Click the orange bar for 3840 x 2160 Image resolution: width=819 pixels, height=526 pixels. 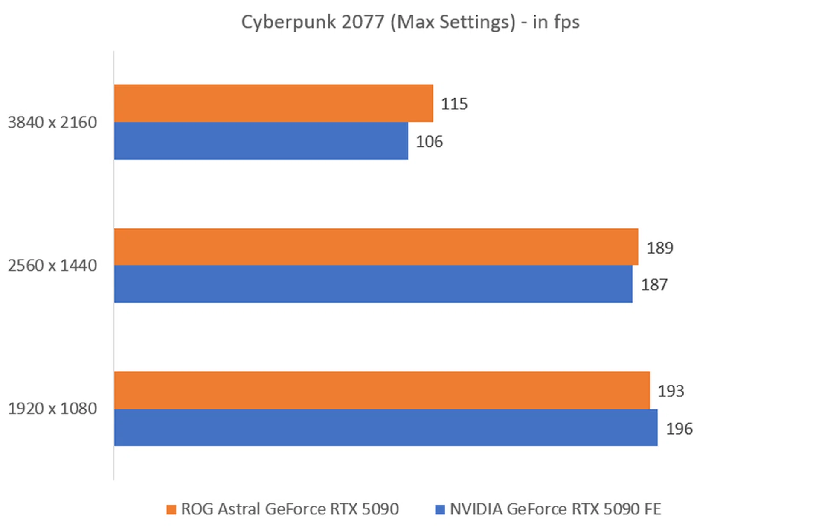pos(273,103)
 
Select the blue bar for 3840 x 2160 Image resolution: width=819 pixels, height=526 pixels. pos(261,141)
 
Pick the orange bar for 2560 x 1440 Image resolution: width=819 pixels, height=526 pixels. pos(376,247)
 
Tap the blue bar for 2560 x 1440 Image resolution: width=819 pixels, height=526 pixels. pos(373,284)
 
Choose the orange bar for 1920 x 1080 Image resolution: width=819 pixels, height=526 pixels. pos(382,390)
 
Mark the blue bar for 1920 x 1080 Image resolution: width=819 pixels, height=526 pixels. pos(386,427)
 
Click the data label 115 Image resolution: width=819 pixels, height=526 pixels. pos(454,104)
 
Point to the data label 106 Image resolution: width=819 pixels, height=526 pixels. pos(429,142)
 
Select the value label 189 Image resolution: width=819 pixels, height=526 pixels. pos(659,248)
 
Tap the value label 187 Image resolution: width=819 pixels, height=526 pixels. pos(654,285)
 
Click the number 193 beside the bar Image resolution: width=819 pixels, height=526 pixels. pos(671,391)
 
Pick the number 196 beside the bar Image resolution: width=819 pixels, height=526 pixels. pos(679,429)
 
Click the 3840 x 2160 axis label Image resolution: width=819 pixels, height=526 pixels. pos(52,123)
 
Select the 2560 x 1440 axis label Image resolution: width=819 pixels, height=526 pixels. pos(52,266)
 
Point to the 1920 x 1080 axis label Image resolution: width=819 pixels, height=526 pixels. pos(52,409)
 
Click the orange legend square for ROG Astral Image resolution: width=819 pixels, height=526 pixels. pos(171,509)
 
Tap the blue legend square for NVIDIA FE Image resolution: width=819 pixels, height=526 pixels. pos(440,509)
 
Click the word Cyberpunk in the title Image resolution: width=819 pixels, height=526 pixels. pos(288,22)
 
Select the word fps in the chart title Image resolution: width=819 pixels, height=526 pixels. pos(566,22)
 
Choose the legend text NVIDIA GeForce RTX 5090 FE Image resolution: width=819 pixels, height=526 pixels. pos(555,509)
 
